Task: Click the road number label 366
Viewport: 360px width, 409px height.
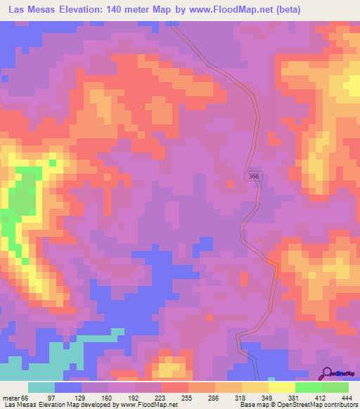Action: [254, 176]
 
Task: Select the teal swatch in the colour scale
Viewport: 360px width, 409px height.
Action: [41, 388]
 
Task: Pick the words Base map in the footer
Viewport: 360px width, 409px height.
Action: [255, 405]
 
